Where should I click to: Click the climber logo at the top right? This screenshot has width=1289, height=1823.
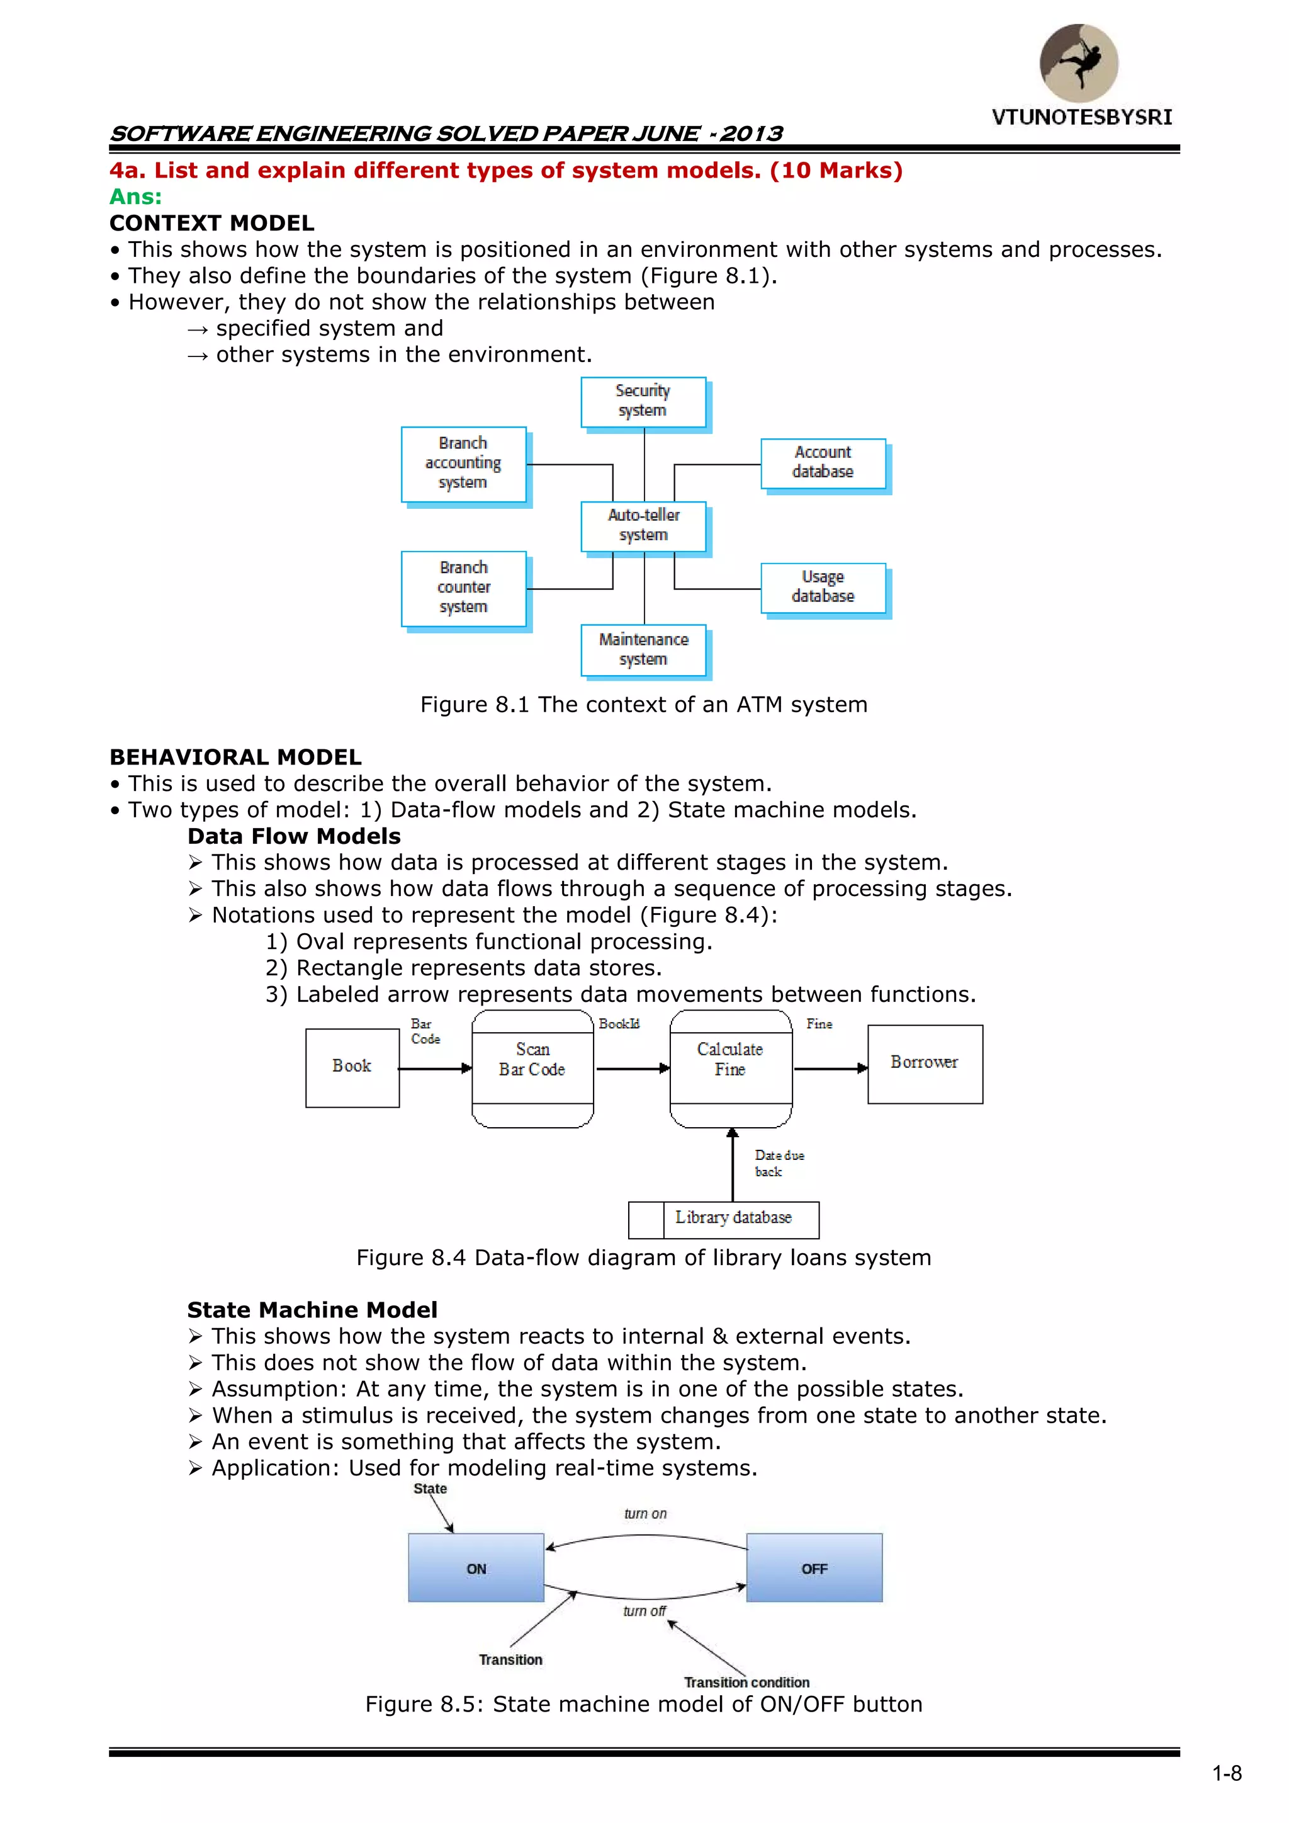(1079, 63)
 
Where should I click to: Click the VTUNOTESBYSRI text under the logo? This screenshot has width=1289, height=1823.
(1081, 118)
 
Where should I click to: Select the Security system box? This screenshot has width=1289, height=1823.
(643, 402)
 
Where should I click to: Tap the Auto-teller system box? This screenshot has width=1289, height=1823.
(643, 526)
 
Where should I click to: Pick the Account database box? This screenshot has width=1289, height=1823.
(823, 463)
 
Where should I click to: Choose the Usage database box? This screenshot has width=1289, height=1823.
(823, 588)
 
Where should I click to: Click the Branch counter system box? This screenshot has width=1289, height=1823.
(463, 588)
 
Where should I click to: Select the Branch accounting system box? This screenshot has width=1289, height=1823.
(463, 463)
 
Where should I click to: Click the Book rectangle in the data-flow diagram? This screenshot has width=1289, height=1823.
(352, 1067)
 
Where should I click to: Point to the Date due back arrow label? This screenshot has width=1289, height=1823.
(779, 1163)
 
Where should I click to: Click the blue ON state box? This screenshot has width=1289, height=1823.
(476, 1567)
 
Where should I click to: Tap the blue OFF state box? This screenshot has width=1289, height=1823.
(814, 1567)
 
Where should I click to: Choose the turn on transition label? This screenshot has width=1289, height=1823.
(645, 1513)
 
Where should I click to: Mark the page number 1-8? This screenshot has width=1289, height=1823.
(1226, 1773)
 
